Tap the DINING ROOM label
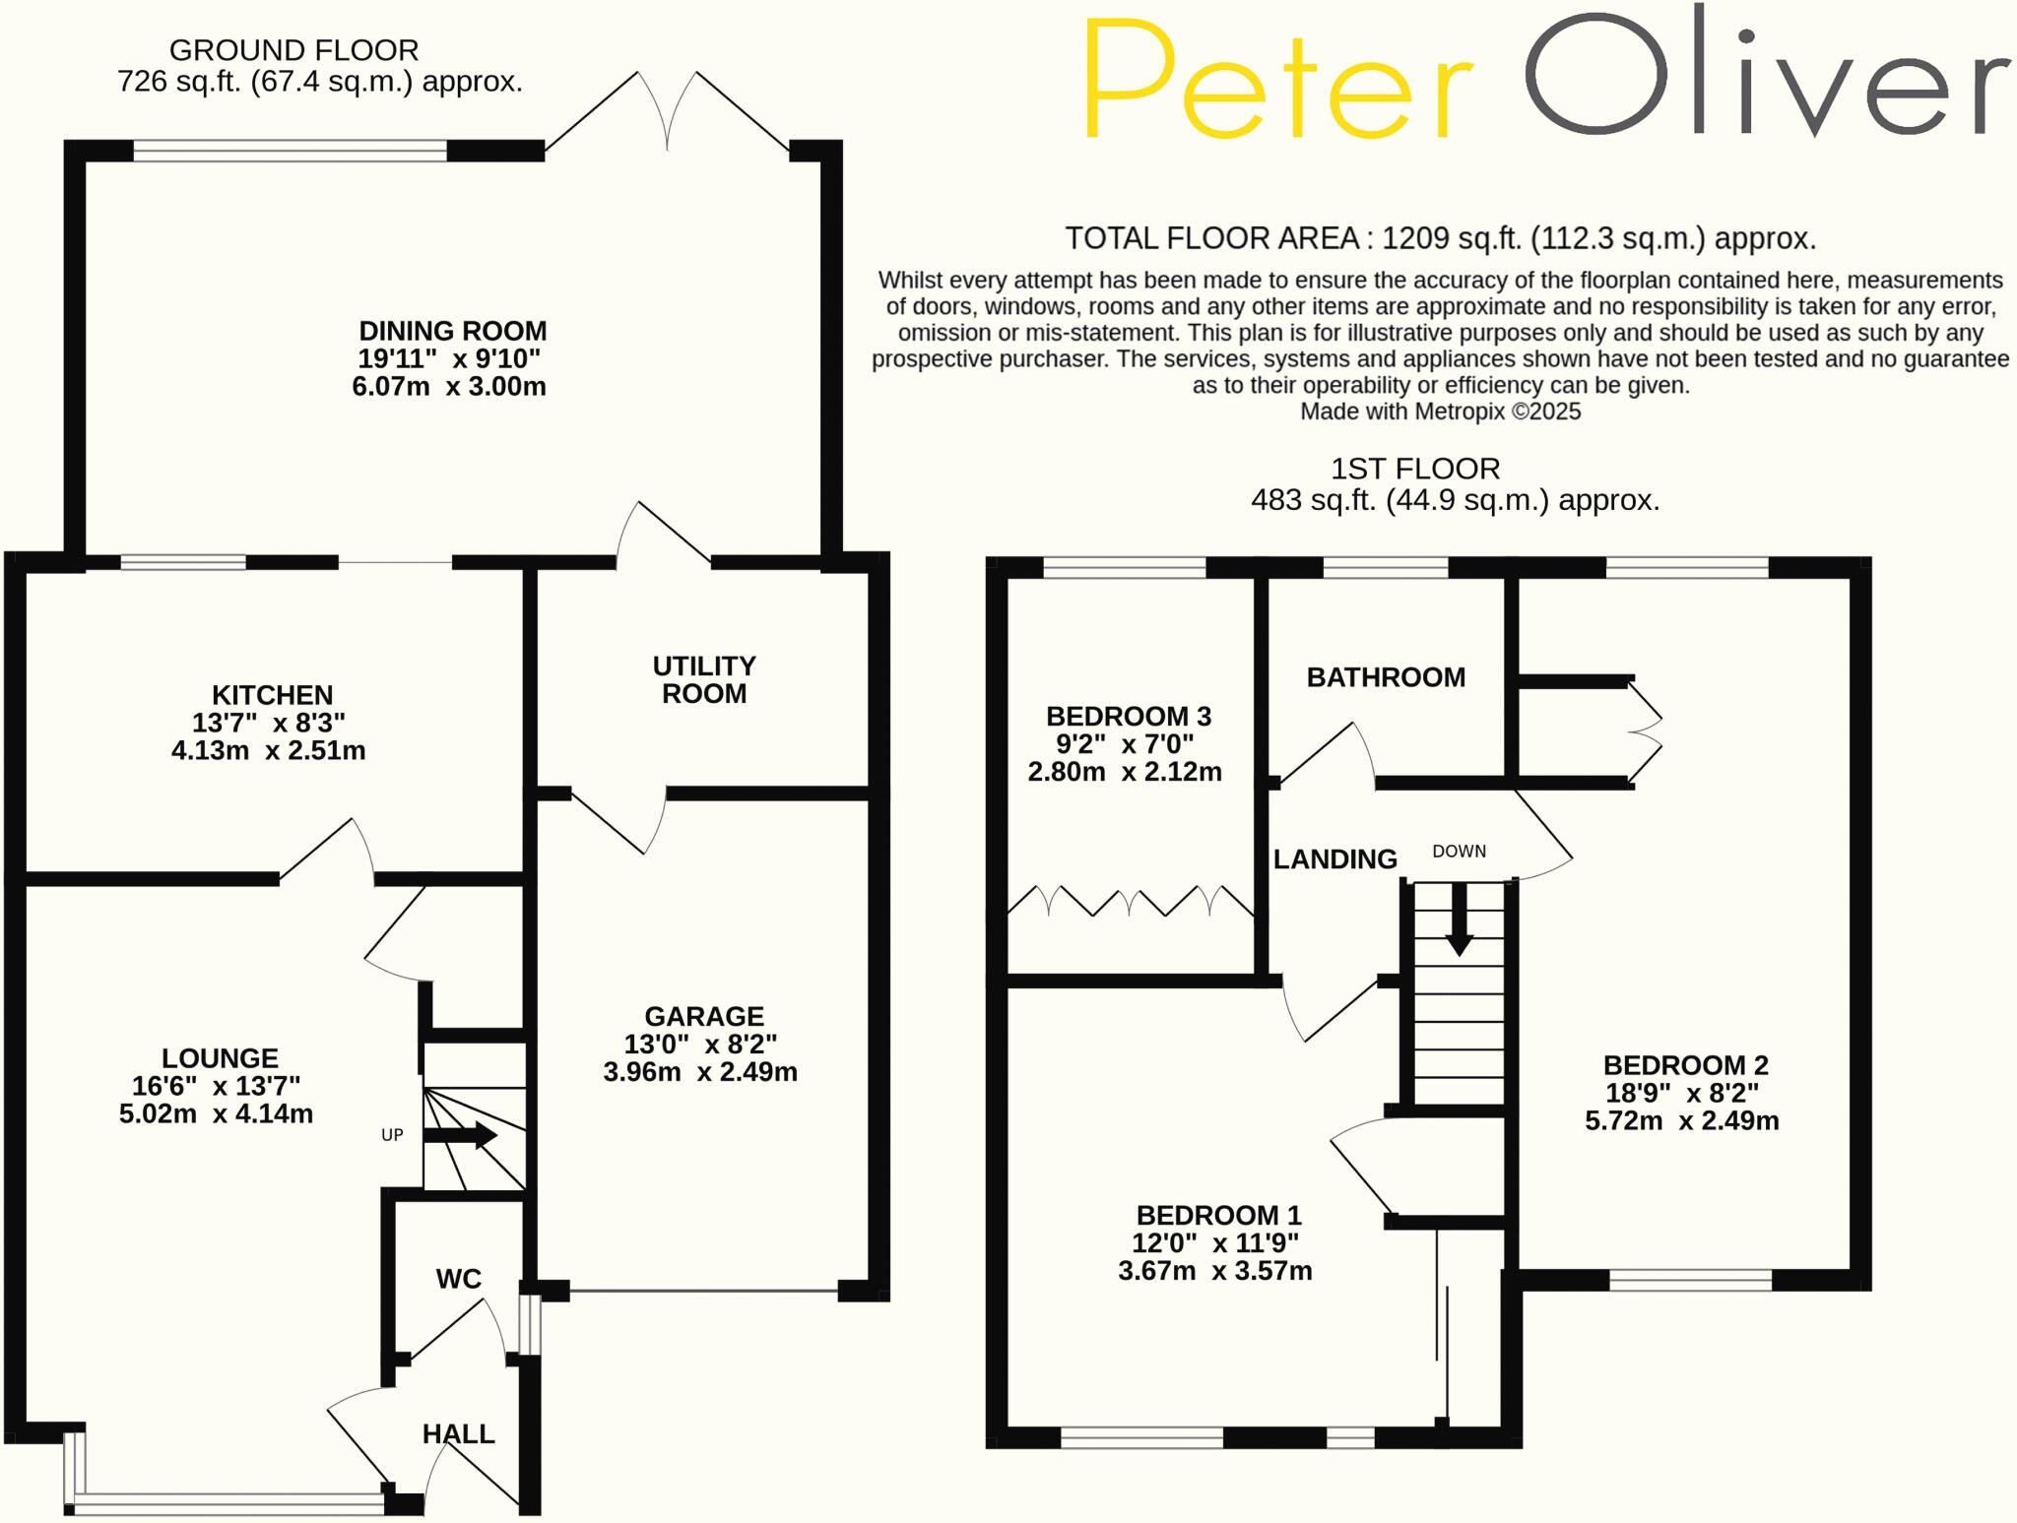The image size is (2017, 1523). click(x=452, y=331)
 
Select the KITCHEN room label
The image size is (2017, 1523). click(x=273, y=695)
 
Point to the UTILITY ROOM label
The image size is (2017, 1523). click(x=704, y=680)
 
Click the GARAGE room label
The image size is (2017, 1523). click(x=704, y=1016)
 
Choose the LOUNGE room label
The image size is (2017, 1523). click(x=220, y=1058)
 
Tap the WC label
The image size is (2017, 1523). click(x=459, y=1279)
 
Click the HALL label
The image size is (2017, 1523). click(x=459, y=1434)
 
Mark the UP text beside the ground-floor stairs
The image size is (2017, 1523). click(x=392, y=1135)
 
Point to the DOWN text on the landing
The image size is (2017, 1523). click(x=1459, y=852)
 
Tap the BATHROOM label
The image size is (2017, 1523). click(x=1386, y=677)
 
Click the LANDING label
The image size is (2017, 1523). click(x=1334, y=859)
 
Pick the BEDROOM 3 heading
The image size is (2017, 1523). click(x=1129, y=716)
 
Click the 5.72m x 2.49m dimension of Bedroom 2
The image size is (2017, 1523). click(x=1682, y=1120)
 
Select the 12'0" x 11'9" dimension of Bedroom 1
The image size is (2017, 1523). click(x=1215, y=1242)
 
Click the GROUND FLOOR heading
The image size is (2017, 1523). click(x=293, y=49)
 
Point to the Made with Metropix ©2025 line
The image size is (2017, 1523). click(x=1440, y=412)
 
